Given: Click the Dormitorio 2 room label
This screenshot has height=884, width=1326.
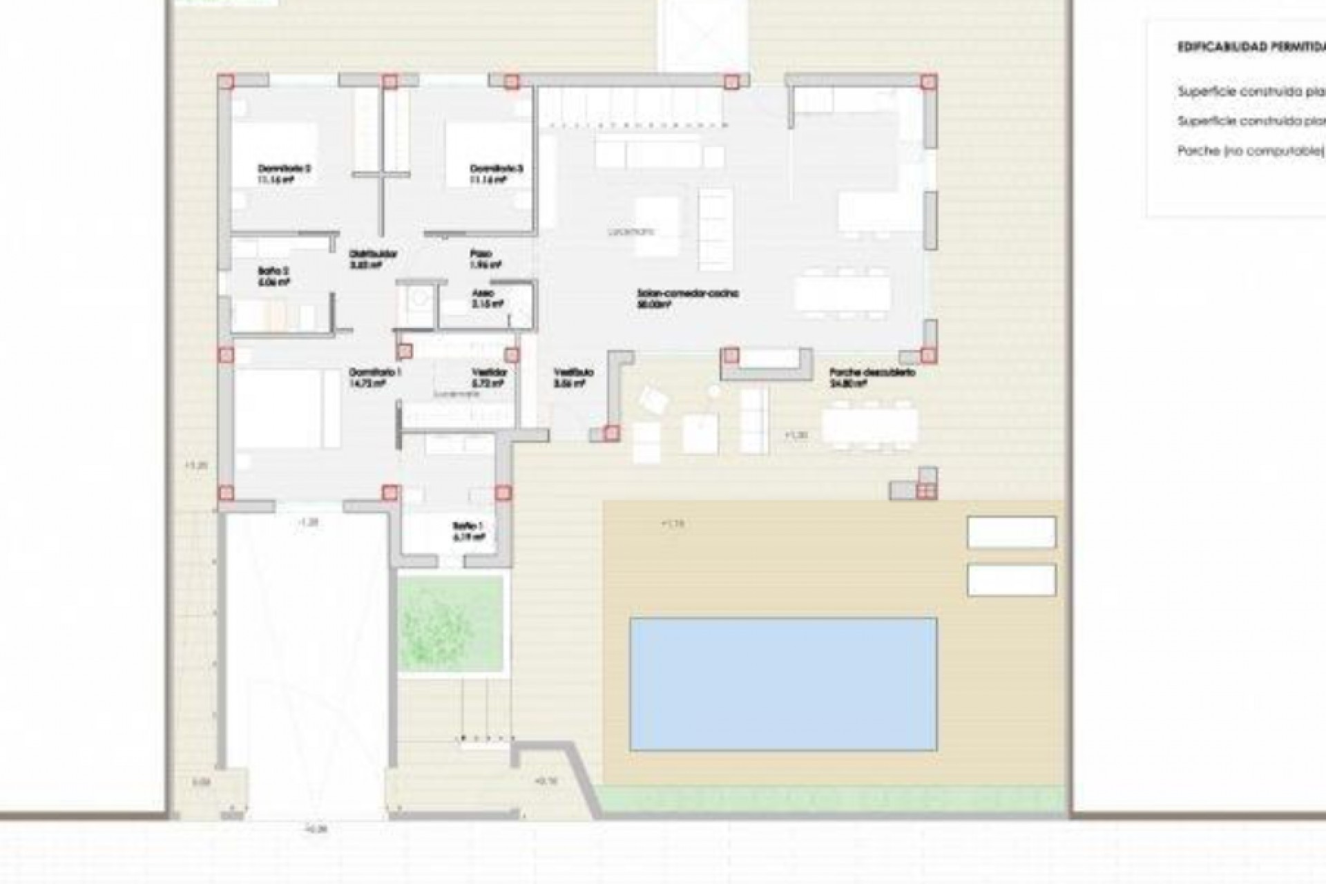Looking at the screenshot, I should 284,168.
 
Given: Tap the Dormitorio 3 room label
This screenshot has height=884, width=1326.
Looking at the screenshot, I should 497,168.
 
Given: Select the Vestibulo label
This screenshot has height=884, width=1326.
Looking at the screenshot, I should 573,372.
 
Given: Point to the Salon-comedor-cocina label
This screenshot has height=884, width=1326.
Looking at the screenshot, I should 688,294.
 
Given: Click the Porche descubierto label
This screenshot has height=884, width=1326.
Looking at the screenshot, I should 872,372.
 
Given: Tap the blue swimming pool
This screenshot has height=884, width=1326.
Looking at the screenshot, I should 783,684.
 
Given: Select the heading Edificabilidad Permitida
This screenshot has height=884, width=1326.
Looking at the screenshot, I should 1250,48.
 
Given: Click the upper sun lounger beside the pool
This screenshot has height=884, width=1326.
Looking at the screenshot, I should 1012,532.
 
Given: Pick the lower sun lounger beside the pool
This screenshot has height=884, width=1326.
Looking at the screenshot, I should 1012,580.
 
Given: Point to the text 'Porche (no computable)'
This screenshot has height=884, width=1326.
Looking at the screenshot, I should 1250,151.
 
